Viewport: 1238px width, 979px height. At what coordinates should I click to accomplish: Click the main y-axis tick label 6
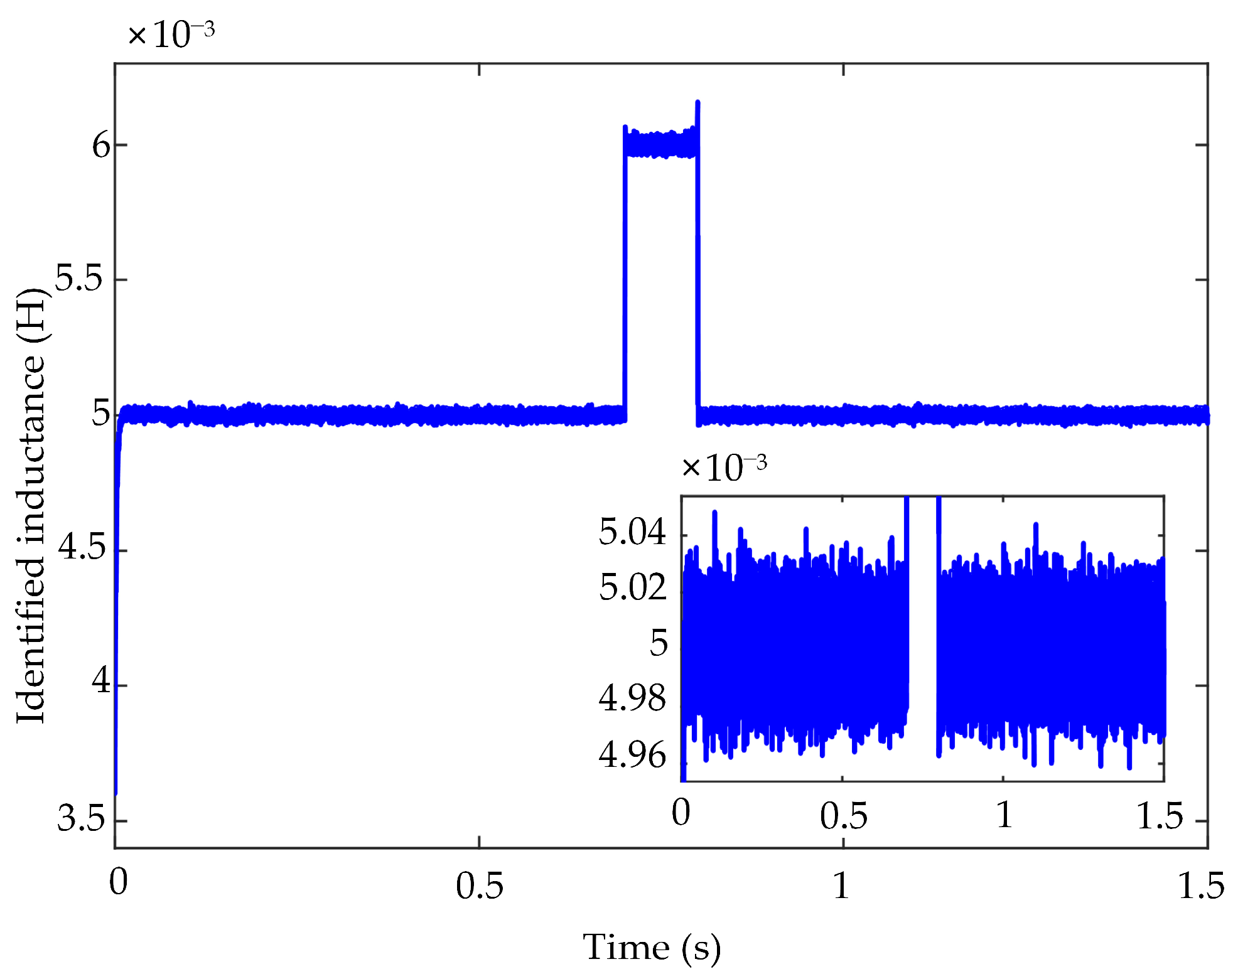click(x=100, y=146)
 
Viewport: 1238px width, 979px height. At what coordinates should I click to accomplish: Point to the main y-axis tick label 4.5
click(x=82, y=548)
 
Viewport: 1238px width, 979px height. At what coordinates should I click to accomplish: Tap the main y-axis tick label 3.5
click(x=82, y=818)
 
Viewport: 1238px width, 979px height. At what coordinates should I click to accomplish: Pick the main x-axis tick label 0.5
click(x=480, y=885)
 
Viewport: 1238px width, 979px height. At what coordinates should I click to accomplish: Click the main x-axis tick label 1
click(x=841, y=885)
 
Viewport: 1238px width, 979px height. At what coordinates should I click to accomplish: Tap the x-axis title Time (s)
click(x=652, y=947)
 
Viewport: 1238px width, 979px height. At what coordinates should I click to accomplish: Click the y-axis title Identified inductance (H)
click(x=31, y=505)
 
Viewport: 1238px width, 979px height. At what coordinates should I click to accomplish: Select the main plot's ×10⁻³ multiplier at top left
click(x=171, y=35)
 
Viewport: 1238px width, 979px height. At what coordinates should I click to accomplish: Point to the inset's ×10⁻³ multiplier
click(x=724, y=468)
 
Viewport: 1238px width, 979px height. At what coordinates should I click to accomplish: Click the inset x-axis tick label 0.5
click(x=843, y=815)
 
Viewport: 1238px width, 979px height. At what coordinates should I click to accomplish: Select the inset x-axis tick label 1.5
click(x=1160, y=815)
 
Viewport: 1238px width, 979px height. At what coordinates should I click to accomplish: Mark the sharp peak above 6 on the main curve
click(x=697, y=104)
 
